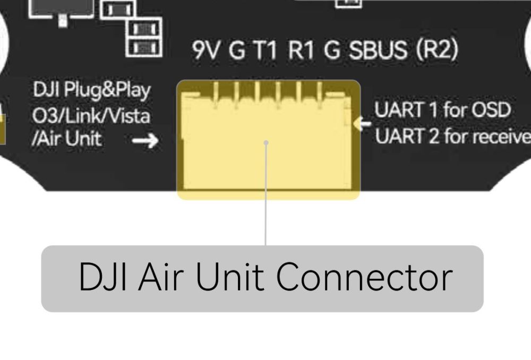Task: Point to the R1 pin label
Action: point(301,51)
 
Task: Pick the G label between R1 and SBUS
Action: point(331,51)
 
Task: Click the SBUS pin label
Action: point(378,51)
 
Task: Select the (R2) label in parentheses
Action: point(436,51)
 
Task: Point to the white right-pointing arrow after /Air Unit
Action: point(145,141)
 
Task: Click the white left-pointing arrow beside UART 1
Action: point(363,124)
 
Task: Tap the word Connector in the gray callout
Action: point(365,278)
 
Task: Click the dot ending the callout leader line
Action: point(265,142)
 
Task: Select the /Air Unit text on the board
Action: point(67,140)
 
